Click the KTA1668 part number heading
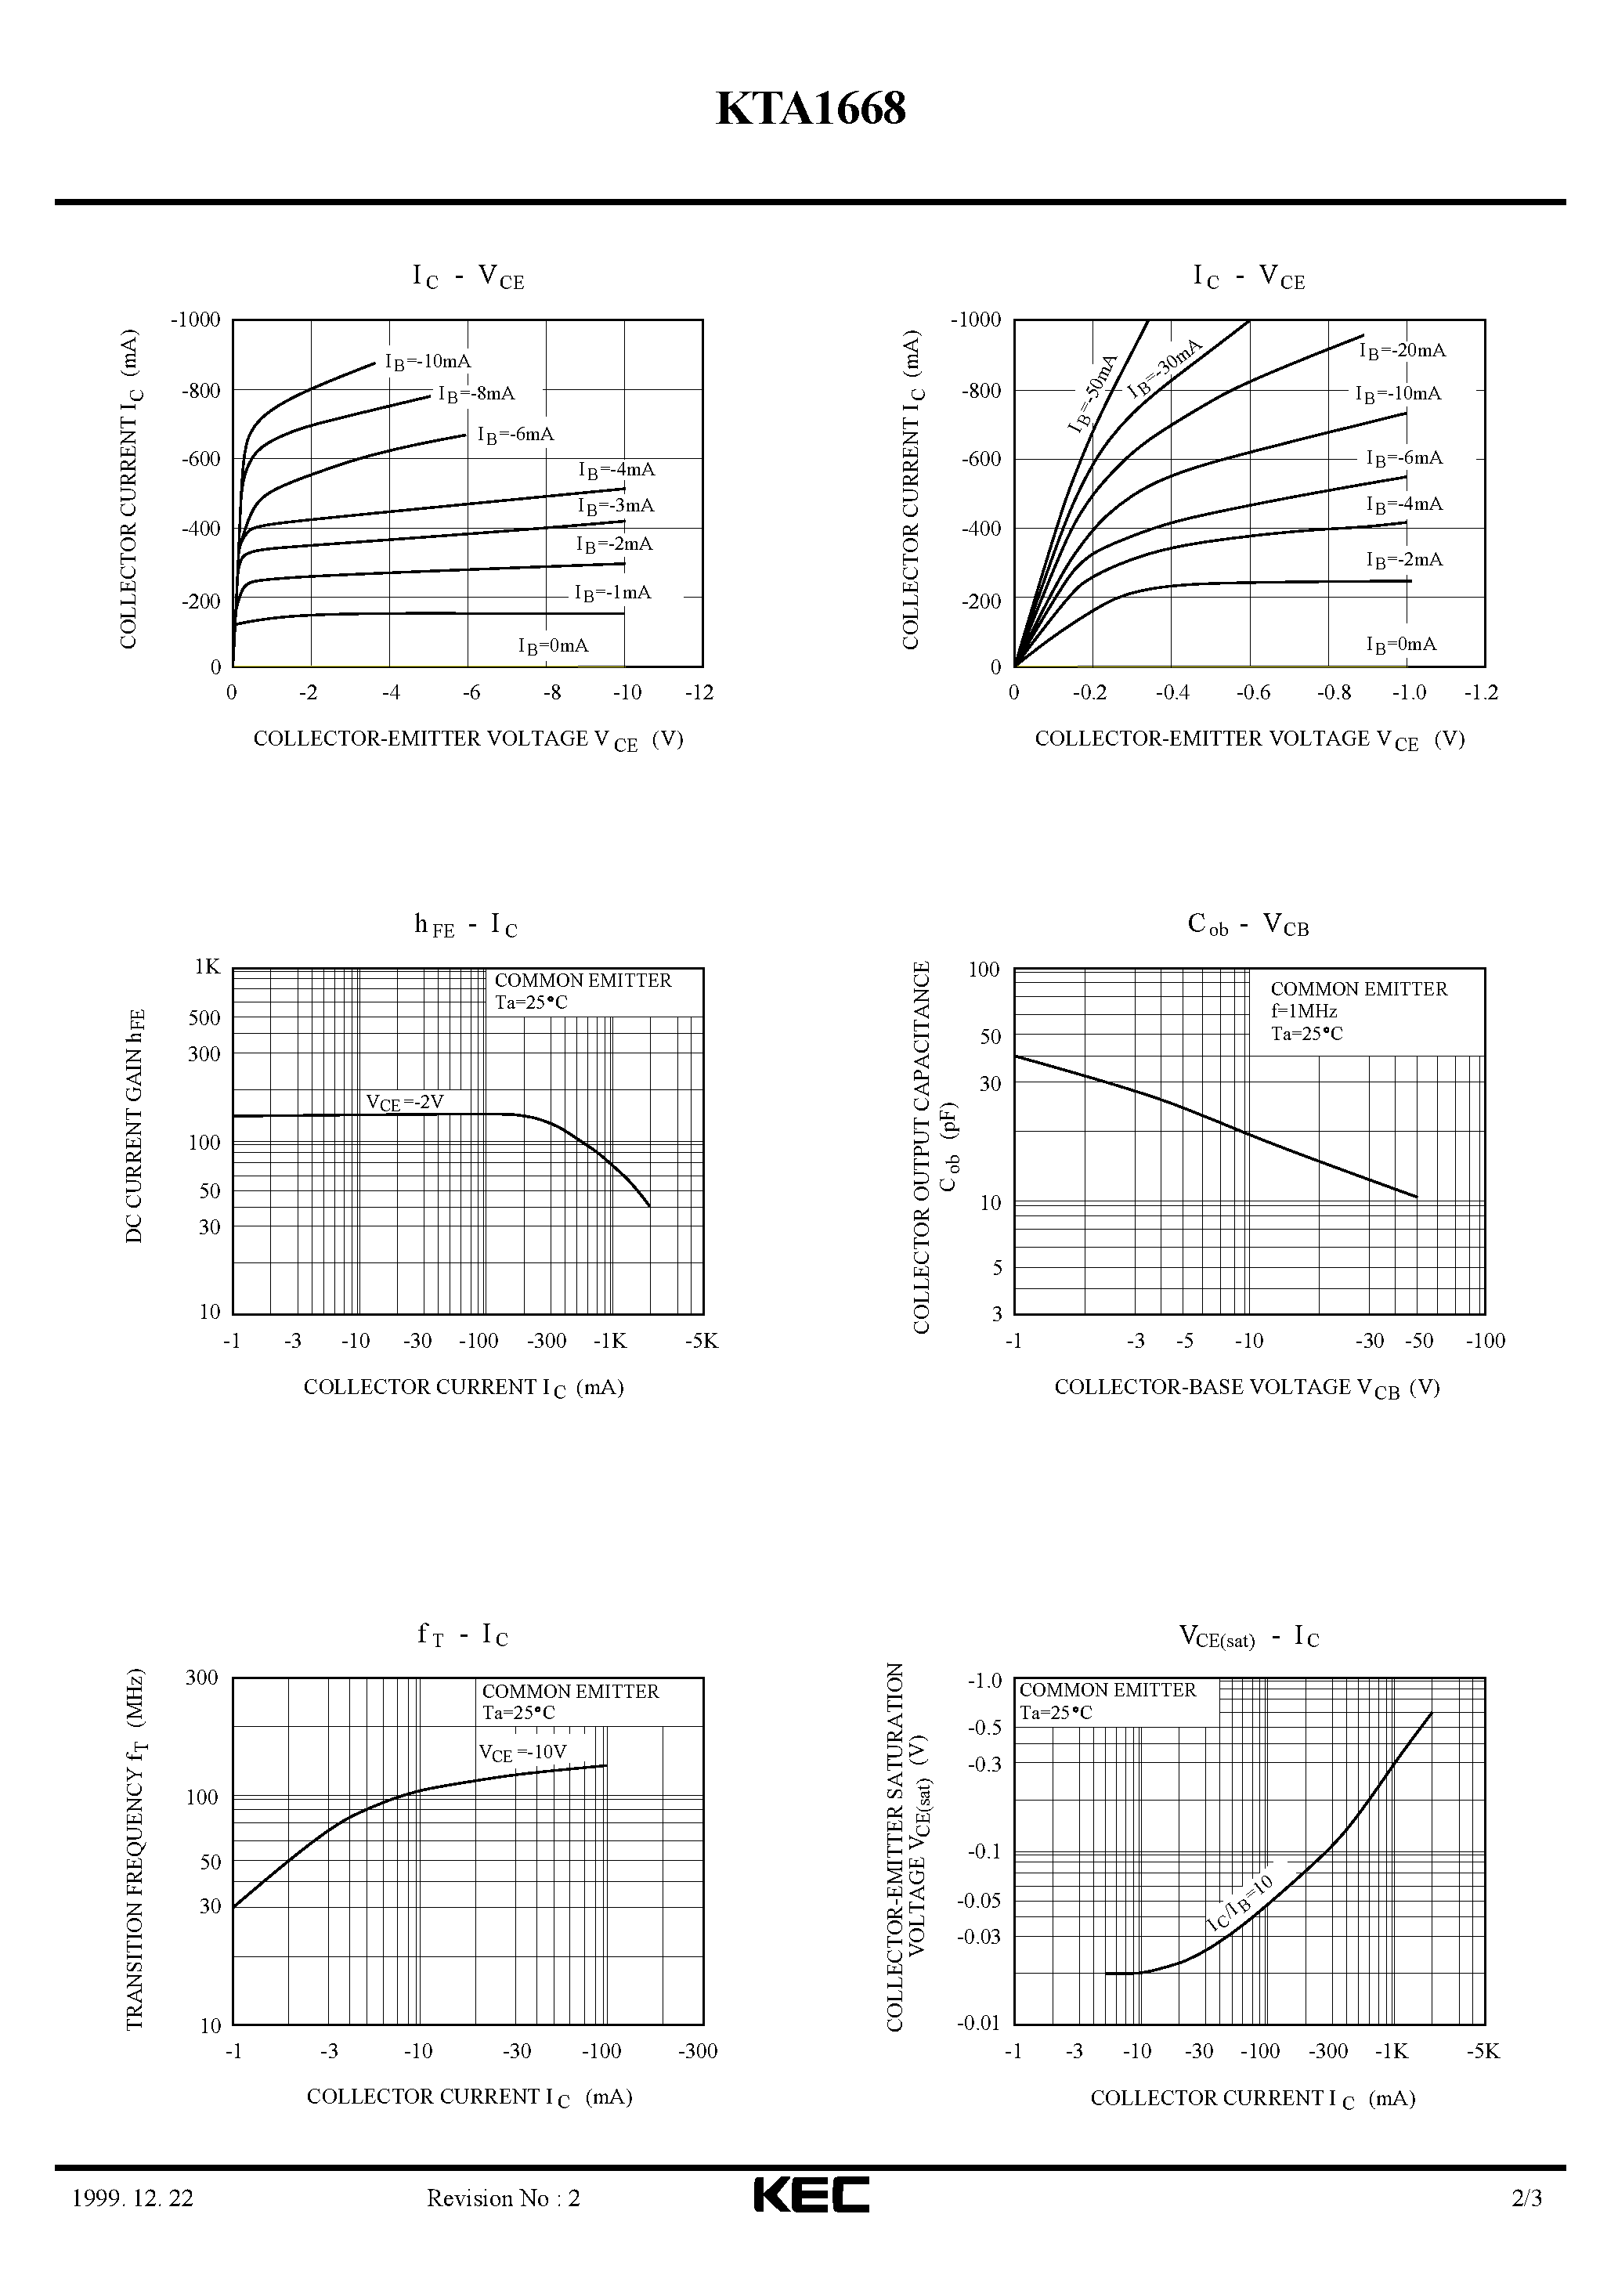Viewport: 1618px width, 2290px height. click(x=810, y=110)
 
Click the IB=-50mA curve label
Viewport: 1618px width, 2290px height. click(x=1093, y=394)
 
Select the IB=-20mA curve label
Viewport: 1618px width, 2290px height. click(x=1402, y=351)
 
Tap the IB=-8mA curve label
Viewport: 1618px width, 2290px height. click(x=477, y=395)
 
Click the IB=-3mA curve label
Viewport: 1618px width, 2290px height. click(x=616, y=507)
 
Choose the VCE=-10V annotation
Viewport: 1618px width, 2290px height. click(x=522, y=1780)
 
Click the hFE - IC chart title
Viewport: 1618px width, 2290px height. click(x=466, y=926)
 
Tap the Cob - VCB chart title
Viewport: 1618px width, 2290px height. click(x=1248, y=925)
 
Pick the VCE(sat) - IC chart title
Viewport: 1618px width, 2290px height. click(x=1249, y=1637)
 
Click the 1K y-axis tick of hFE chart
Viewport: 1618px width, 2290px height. click(x=208, y=966)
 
